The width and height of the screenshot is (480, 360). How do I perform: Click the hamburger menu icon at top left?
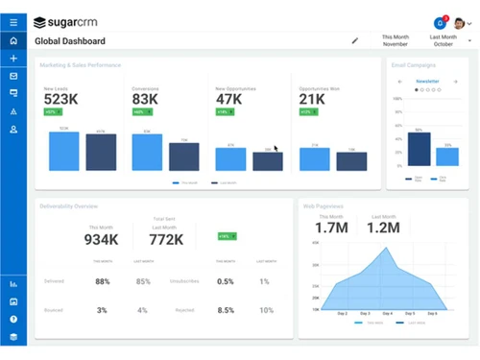13,21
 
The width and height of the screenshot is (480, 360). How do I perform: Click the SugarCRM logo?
76,21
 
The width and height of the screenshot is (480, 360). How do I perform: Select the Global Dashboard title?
70,41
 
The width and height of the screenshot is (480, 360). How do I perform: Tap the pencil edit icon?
355,41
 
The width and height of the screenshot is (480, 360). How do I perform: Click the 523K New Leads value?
61,99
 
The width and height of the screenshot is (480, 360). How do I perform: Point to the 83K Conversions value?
146,99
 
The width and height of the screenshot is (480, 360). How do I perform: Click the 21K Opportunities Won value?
312,99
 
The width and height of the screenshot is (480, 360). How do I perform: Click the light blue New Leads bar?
63,151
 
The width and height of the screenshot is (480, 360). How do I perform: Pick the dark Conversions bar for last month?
183,156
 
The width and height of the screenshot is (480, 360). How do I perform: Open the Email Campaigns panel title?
414,65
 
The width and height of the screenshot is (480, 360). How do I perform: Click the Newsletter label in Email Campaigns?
428,82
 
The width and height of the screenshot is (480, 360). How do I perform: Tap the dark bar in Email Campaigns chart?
419,149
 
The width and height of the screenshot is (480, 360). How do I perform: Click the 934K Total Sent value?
102,239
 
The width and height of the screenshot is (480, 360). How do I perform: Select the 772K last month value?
166,239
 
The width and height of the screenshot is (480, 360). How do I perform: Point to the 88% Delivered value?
102,282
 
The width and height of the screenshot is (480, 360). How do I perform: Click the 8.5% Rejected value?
226,310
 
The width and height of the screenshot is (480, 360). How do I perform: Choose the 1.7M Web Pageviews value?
332,228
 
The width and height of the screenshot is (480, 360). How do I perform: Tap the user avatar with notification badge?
441,22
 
